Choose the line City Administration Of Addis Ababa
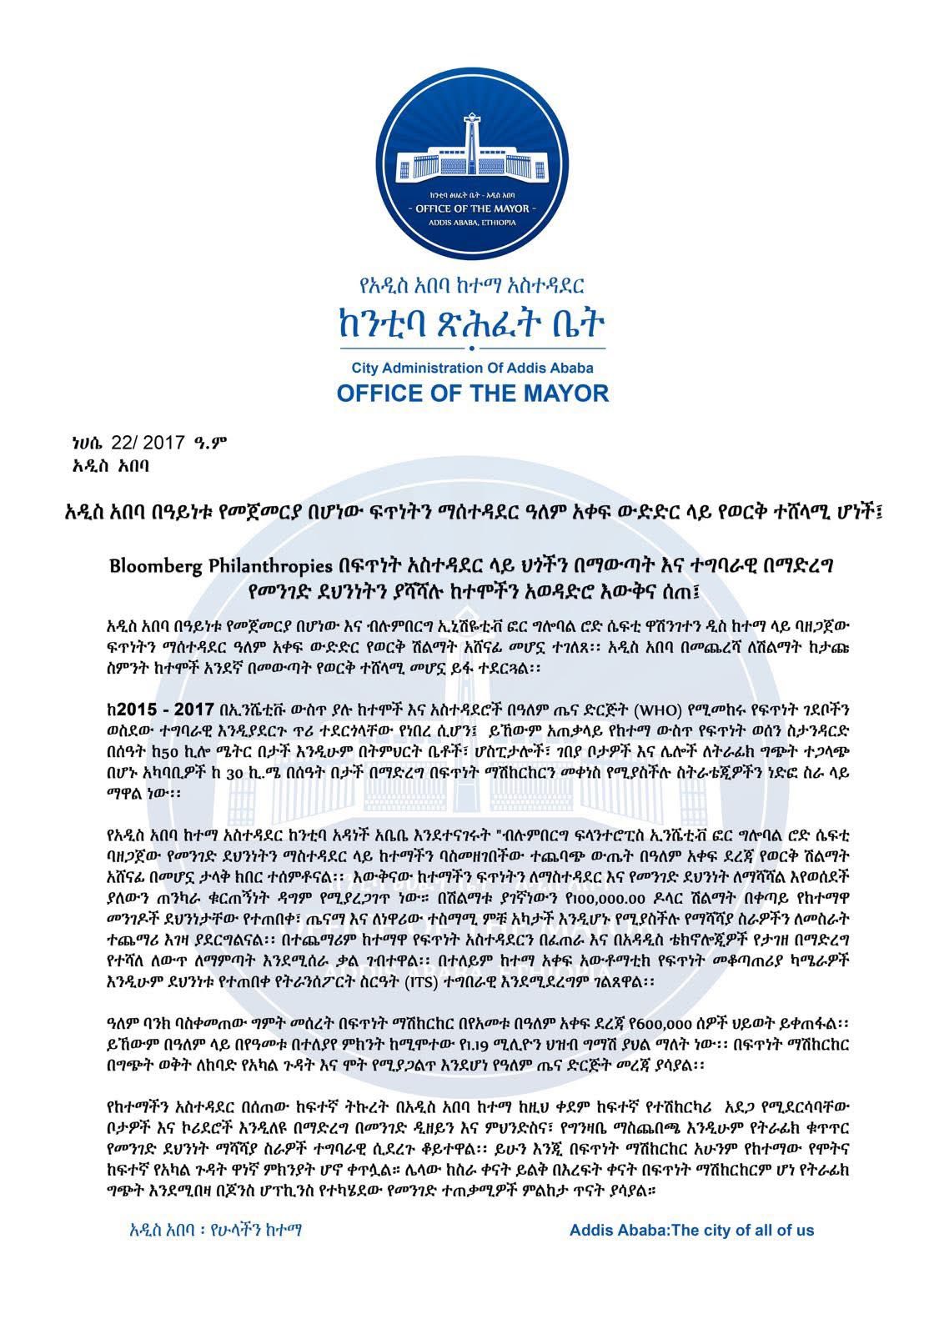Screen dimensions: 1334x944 click(x=472, y=367)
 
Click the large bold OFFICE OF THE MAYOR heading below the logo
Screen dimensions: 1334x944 click(x=472, y=393)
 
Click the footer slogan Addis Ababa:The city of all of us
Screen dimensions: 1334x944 click(x=691, y=1230)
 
